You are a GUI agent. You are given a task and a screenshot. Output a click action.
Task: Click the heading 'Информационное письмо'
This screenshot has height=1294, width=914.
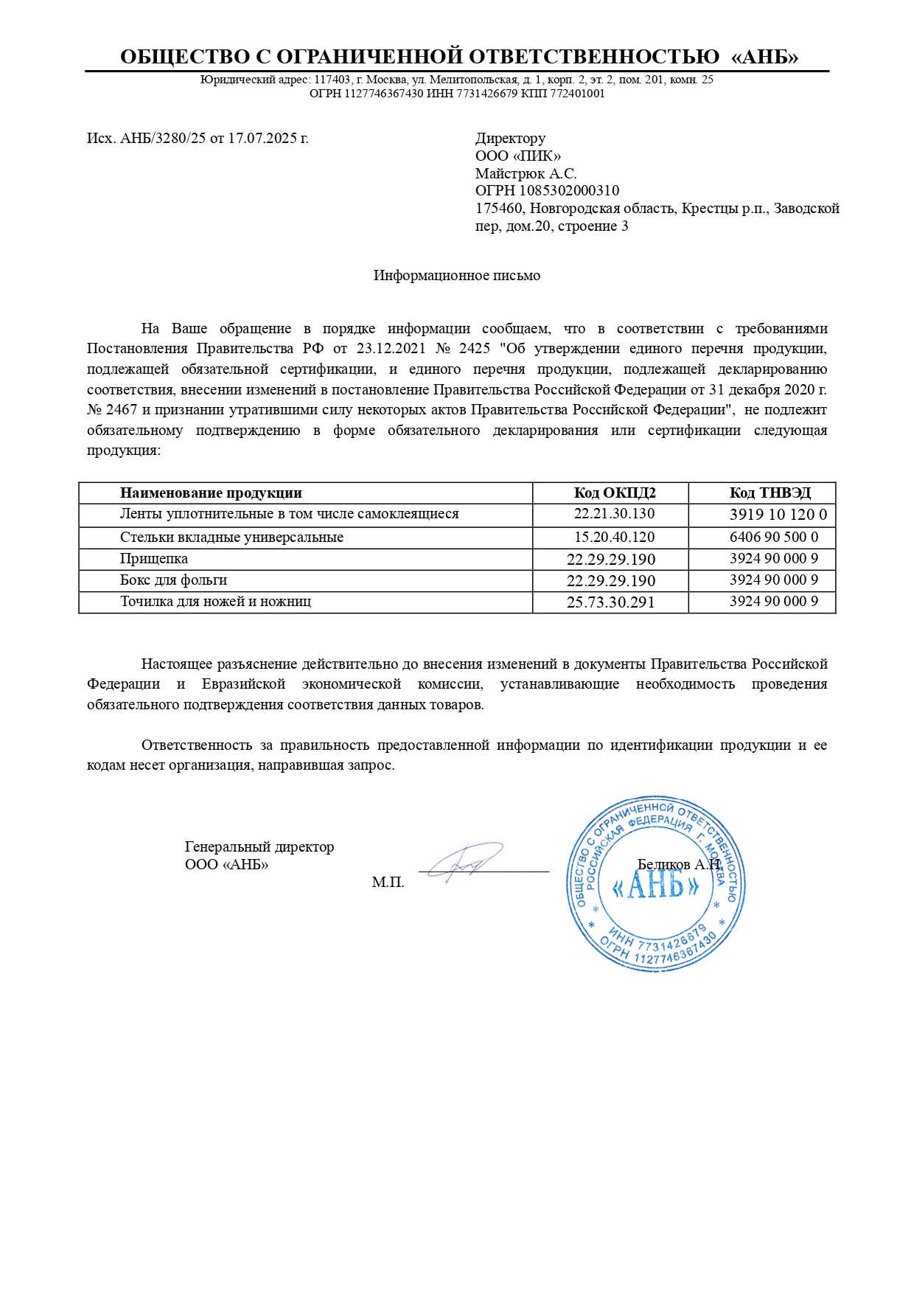coord(456,276)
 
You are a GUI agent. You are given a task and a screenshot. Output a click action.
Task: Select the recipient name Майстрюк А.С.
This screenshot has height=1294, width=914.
coord(526,173)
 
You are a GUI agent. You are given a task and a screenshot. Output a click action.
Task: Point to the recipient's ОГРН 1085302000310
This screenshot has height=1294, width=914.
coord(547,191)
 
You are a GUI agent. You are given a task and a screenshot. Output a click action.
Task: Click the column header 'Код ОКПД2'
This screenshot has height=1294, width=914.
coord(614,493)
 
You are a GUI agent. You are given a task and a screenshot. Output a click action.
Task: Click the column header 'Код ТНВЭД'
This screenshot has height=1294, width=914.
coord(770,493)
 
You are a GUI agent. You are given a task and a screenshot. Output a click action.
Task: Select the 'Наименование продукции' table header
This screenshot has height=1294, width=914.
coord(211,493)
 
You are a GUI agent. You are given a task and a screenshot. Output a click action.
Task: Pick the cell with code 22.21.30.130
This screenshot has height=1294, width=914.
coord(614,514)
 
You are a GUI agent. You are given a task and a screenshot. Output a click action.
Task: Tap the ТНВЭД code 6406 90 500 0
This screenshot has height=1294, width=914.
coord(773,537)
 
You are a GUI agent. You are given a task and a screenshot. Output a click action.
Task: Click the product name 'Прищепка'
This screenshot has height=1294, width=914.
coord(153,559)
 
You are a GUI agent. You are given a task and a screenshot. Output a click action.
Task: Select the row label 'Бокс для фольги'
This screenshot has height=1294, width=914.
coord(173,580)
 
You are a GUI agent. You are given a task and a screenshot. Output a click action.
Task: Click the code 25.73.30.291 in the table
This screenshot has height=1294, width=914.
coord(610,602)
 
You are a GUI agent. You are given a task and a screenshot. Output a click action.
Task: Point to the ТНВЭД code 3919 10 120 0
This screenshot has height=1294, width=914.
coord(778,515)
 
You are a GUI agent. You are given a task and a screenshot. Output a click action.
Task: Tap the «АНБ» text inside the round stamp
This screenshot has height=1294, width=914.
coord(655,885)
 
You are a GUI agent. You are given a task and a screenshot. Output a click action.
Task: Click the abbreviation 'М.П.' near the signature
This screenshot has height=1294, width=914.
coord(388,883)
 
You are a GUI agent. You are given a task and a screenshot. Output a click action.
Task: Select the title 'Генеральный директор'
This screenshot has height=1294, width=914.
coord(259,847)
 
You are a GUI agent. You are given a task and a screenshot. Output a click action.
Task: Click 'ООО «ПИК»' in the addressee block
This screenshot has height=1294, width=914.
coord(517,156)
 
